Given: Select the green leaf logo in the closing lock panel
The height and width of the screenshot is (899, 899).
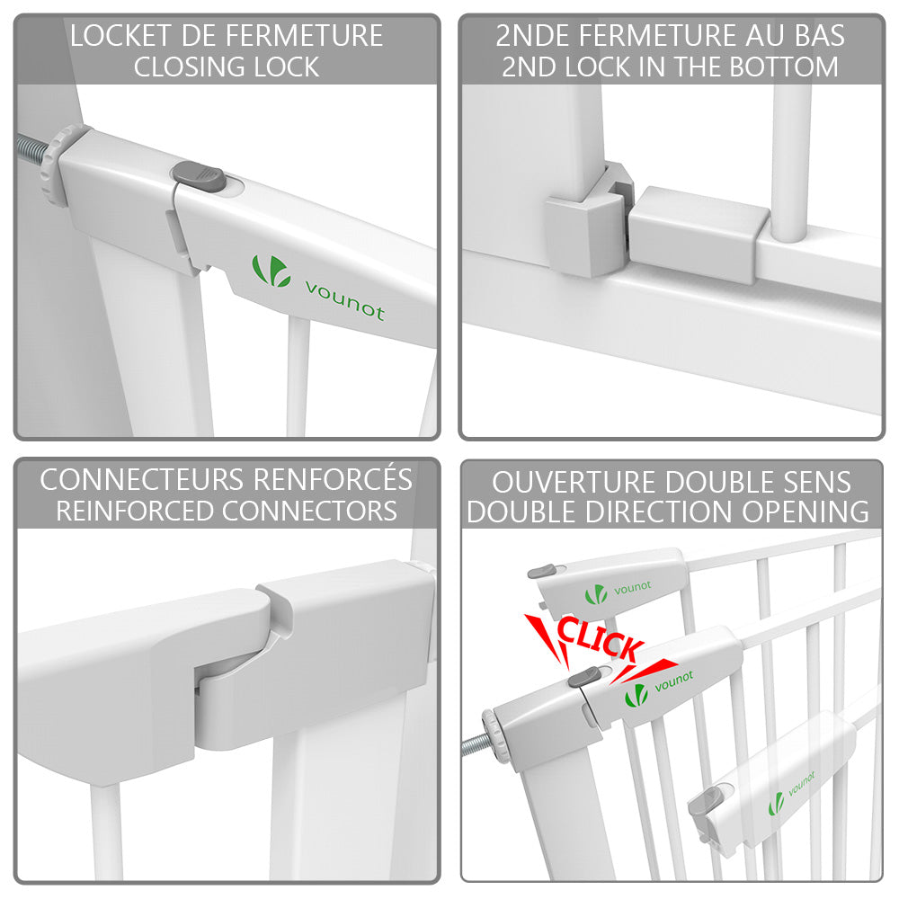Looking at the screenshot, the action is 271,271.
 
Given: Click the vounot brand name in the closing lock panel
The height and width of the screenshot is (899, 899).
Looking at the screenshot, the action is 344,299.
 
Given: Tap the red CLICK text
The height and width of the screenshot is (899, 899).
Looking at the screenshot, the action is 600,638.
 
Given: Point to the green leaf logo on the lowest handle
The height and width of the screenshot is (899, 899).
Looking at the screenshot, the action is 776,802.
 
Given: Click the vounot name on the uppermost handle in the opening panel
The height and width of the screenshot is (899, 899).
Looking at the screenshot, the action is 632,586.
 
